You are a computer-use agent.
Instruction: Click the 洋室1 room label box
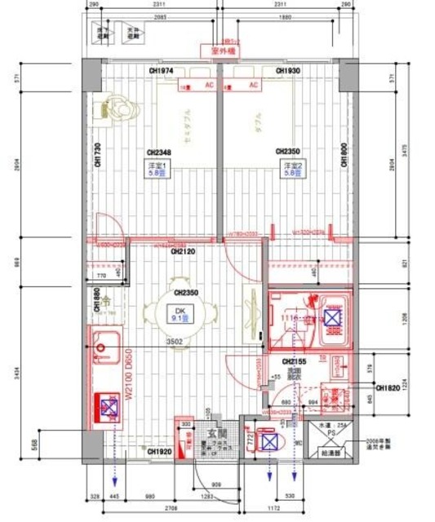[156, 169]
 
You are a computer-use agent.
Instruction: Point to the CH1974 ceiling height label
[161, 72]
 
